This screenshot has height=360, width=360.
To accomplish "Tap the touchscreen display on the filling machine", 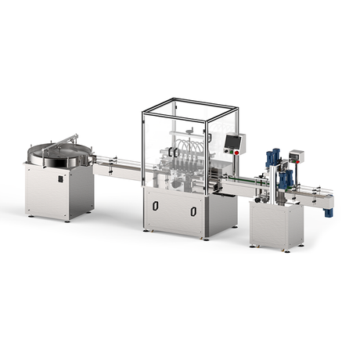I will [x=232, y=142].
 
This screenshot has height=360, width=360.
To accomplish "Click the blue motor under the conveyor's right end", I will [x=329, y=211].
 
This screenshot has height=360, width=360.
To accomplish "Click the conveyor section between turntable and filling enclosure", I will [x=117, y=166].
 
